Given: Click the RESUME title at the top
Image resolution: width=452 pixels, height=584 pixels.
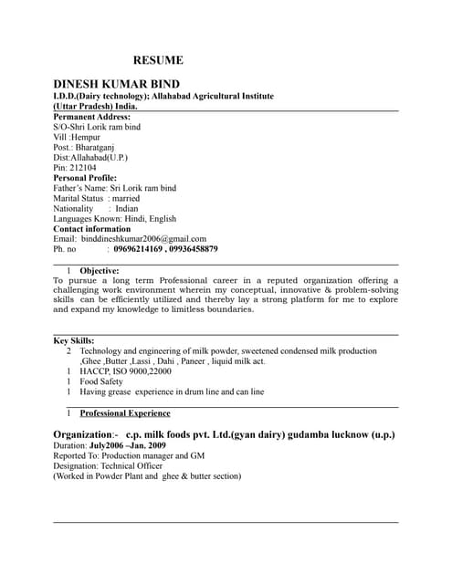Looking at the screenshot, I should [158, 60].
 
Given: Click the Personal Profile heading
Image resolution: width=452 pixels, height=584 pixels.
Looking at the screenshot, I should [85, 178].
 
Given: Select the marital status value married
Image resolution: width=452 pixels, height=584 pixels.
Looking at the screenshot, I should [126, 198].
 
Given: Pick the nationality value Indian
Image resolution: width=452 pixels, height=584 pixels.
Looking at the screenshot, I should [127, 208].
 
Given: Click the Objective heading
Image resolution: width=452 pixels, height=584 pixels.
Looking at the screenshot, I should [100, 271].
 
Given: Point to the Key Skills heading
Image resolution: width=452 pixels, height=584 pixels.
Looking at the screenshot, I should [74, 340].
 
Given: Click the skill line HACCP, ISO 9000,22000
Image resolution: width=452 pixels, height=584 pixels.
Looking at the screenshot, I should [125, 371].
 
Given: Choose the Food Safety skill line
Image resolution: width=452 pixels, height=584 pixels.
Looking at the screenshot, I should [101, 381].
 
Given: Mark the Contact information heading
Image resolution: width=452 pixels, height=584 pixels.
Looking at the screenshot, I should [92, 228].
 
